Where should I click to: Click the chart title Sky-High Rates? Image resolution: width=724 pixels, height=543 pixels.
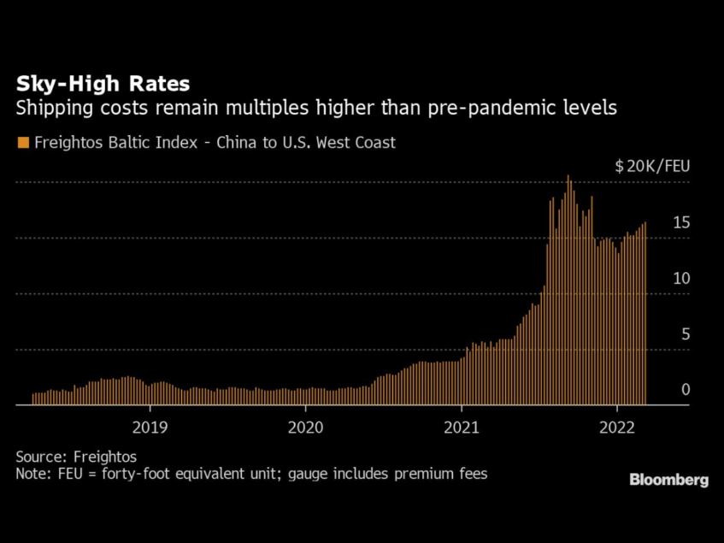pyautogui.click(x=103, y=85)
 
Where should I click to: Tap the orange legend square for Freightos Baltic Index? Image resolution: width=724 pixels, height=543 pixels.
pyautogui.click(x=23, y=143)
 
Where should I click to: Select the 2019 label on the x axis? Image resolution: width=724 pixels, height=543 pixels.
pyautogui.click(x=149, y=425)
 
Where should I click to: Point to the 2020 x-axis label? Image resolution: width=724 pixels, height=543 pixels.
pyautogui.click(x=305, y=425)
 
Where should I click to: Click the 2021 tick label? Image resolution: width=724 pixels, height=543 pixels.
pyautogui.click(x=462, y=425)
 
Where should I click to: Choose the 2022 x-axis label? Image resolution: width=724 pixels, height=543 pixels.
pyautogui.click(x=617, y=425)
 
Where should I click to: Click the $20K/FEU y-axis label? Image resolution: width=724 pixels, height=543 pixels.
pyautogui.click(x=652, y=166)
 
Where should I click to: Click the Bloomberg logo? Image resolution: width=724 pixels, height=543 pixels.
pyautogui.click(x=668, y=480)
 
